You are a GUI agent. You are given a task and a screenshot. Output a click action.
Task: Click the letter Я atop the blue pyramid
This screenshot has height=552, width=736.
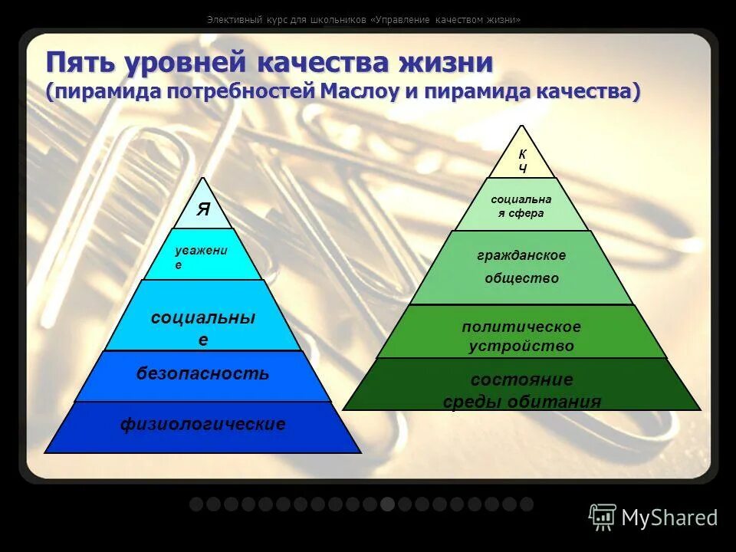(x=202, y=210)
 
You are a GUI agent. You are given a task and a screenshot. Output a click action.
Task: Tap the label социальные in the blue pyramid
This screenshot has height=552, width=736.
(x=203, y=327)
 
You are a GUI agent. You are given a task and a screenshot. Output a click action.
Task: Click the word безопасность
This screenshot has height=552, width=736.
(x=203, y=374)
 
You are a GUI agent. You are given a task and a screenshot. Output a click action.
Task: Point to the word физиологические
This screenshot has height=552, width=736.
(x=203, y=424)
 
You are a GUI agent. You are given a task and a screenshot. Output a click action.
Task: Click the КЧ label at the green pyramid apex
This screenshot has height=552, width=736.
(x=522, y=161)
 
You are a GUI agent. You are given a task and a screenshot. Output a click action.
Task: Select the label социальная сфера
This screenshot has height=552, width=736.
(x=521, y=206)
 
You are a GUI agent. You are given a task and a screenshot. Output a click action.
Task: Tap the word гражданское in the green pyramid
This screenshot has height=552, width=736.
(x=521, y=255)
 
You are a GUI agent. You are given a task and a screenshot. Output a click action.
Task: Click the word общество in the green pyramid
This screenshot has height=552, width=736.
(x=521, y=278)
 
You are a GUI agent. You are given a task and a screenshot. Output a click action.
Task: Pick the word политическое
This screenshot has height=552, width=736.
(x=521, y=327)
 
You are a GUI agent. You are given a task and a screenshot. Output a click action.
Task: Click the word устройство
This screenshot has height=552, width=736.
(x=521, y=347)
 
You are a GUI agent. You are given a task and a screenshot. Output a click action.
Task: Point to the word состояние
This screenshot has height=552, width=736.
(x=521, y=380)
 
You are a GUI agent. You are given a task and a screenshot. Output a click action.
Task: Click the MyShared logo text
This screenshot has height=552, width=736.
(x=669, y=517)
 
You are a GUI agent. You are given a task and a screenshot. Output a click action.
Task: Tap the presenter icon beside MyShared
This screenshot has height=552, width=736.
(x=603, y=517)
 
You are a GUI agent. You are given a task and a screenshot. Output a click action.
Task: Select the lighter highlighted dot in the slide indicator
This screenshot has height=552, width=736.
(x=387, y=504)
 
